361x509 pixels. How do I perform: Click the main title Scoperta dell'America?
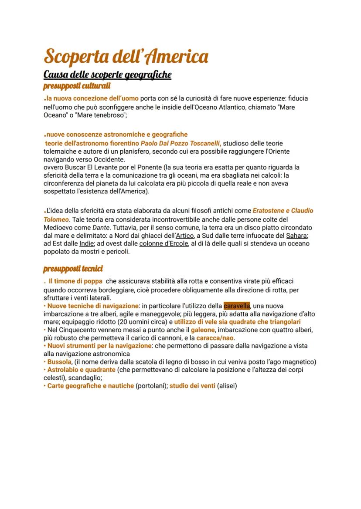126,57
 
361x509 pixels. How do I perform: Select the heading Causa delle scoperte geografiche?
107,75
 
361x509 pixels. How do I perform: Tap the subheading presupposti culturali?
77,86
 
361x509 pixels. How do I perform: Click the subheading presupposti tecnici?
73,269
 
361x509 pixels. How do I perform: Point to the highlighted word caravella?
236,306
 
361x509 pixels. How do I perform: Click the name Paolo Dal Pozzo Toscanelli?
180,143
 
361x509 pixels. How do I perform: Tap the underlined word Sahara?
297,236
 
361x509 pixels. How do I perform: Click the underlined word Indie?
87,243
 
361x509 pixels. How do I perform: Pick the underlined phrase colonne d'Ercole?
163,243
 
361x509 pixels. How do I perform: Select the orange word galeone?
204,330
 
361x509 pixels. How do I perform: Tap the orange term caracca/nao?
214,338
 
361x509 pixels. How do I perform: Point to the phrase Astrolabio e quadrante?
82,370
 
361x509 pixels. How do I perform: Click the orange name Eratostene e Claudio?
283,211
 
